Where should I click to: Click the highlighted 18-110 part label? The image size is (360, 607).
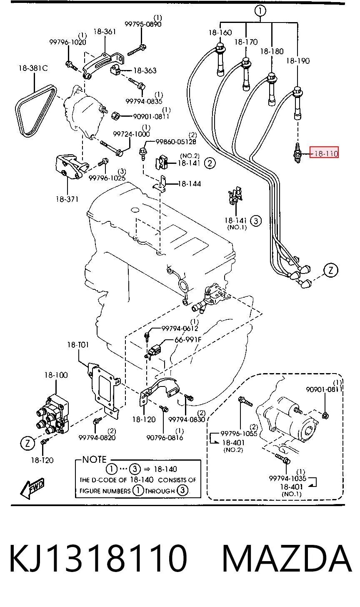click(x=324, y=153)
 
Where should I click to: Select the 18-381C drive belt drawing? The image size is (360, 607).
click(x=36, y=111)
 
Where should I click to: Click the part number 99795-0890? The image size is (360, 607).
click(x=143, y=24)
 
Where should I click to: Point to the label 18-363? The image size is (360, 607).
click(x=145, y=70)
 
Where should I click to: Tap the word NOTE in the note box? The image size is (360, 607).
click(x=94, y=459)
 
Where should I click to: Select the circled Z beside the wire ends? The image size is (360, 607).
click(x=331, y=270)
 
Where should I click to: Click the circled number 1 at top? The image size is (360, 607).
click(x=260, y=11)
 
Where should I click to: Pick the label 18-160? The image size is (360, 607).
click(x=220, y=33)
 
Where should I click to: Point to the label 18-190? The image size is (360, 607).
click(x=298, y=61)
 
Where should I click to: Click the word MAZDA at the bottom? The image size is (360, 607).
click(x=287, y=559)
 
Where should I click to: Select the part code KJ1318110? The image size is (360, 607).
click(x=98, y=559)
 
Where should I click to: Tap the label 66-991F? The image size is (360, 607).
click(x=188, y=339)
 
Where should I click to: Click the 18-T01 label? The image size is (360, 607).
click(x=78, y=345)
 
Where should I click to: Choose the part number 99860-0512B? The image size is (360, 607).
click(x=176, y=142)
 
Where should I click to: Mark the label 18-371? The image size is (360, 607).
click(x=67, y=199)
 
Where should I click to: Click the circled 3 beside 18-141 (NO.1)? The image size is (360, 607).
click(x=256, y=221)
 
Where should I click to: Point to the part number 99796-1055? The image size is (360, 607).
click(x=239, y=434)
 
